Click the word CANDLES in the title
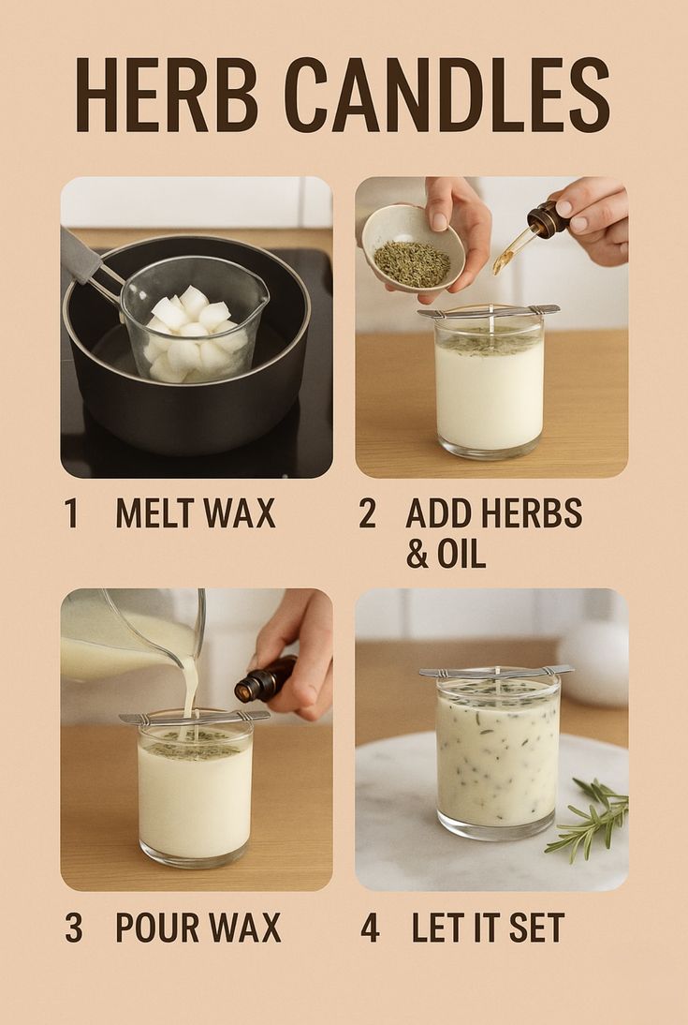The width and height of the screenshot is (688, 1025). pos(446,96)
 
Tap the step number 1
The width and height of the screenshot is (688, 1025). pos(72,513)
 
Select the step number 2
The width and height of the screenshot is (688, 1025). pos(368,513)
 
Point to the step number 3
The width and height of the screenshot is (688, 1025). pos(74,928)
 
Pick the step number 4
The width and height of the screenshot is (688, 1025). pos(370,928)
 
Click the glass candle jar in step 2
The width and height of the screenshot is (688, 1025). pos(490,384)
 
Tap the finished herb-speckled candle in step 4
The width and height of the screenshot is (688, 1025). pos(499,755)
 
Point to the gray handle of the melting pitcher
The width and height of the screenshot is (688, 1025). pos(80,256)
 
